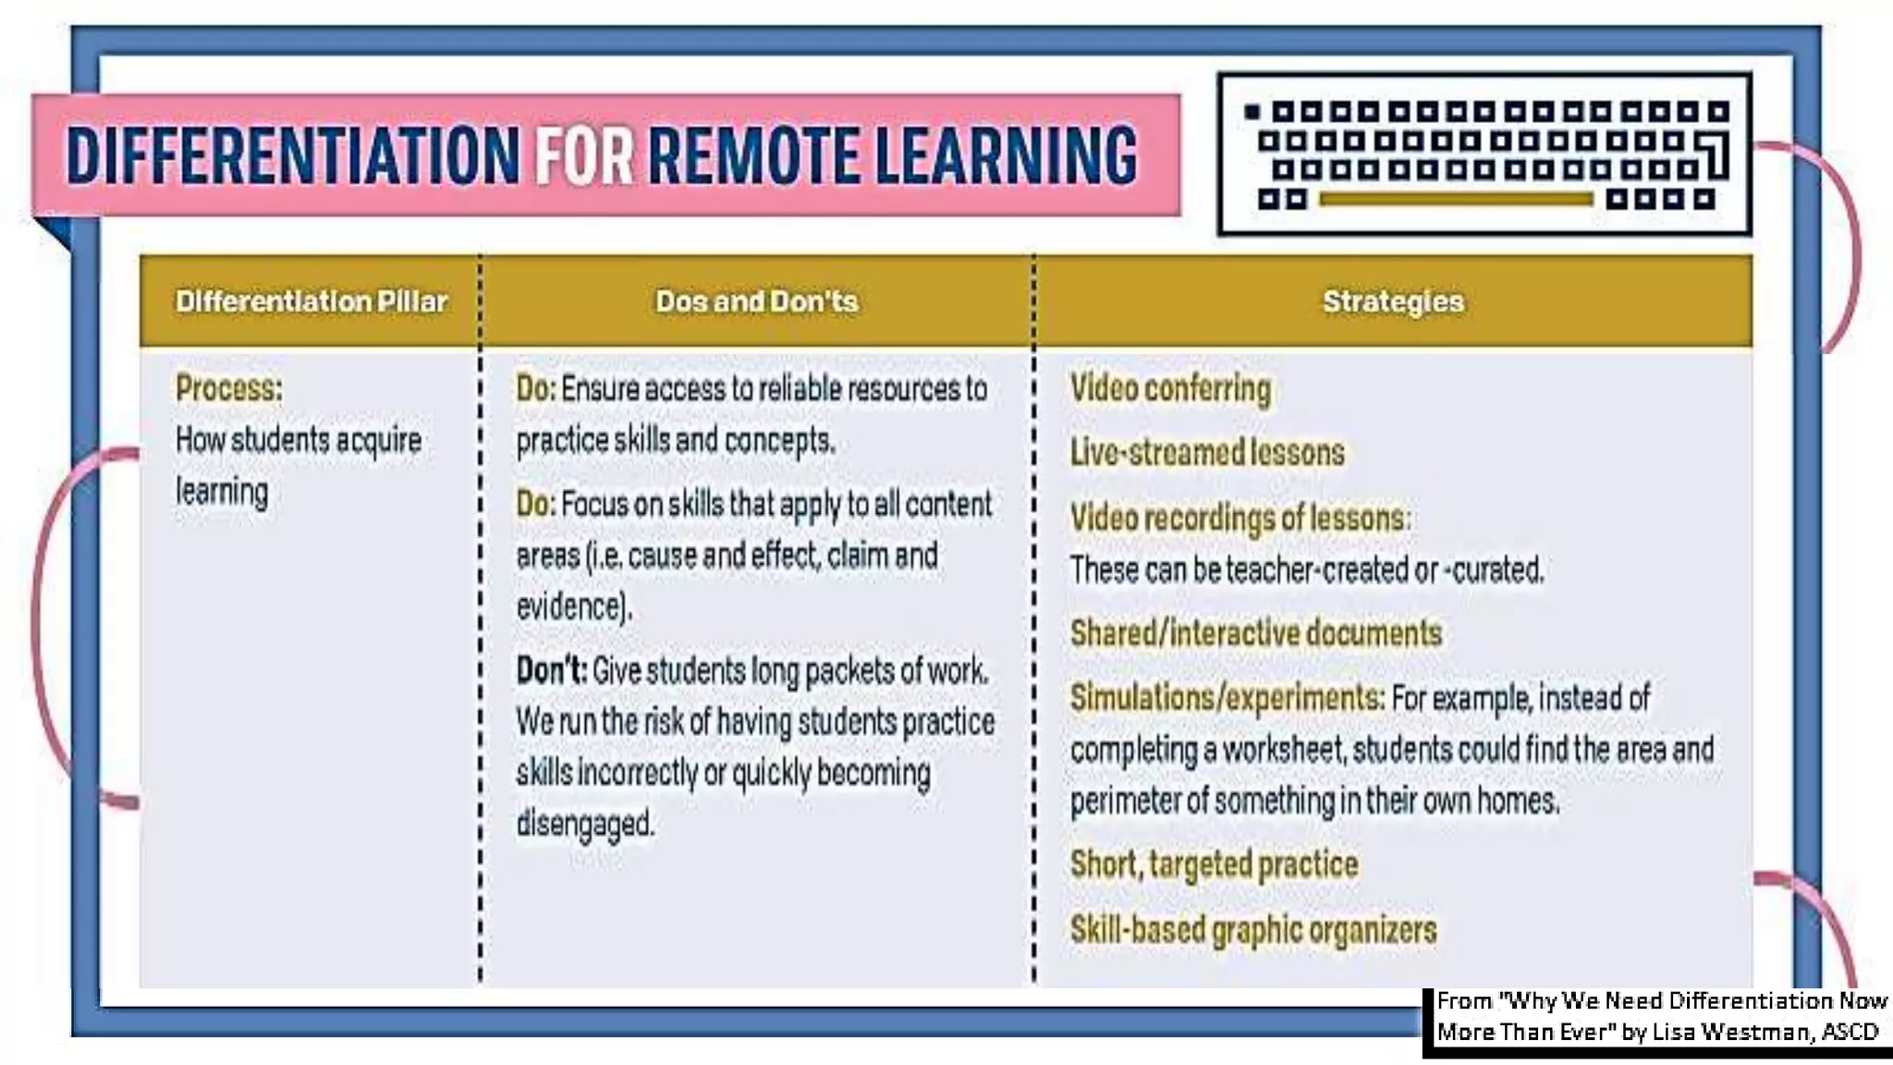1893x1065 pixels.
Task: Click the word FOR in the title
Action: coord(584,155)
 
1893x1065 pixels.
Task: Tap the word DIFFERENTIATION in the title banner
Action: coord(293,155)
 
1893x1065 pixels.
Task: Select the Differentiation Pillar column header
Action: coord(311,301)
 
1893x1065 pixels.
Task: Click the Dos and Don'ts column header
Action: coord(756,301)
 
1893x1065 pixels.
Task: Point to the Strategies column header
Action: coord(1393,301)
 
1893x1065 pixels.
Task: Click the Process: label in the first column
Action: coord(229,388)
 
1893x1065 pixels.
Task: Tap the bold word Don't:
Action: coord(551,670)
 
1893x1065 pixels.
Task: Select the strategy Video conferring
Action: coord(1170,389)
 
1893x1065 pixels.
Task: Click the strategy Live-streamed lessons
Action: coord(1207,453)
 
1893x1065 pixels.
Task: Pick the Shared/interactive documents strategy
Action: coord(1256,633)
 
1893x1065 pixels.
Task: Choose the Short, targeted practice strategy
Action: coord(1214,864)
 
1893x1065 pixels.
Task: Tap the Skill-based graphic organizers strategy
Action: coord(1253,929)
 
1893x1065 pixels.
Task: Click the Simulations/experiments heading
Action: coord(1226,698)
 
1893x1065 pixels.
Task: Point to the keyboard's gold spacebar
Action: coord(1456,199)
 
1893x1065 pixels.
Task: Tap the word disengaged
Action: coord(584,823)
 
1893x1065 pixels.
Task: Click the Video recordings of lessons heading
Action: coord(1239,518)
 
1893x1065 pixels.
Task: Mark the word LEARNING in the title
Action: coord(1006,155)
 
